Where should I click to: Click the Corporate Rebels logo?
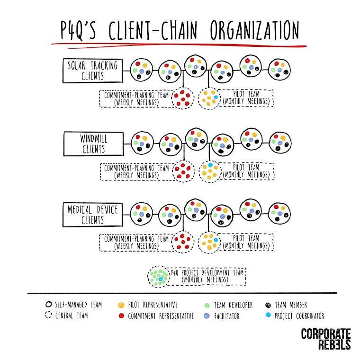click(x=325, y=339)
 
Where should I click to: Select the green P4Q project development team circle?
click(x=159, y=276)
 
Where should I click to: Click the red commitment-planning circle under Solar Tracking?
click(x=182, y=98)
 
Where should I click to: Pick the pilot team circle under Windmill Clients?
click(x=209, y=171)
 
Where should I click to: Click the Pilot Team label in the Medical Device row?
click(x=246, y=242)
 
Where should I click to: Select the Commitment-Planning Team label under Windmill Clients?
click(x=136, y=171)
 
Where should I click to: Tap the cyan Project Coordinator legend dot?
click(x=268, y=315)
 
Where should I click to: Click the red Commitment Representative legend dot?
click(x=121, y=315)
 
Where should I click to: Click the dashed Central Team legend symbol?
click(x=47, y=315)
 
